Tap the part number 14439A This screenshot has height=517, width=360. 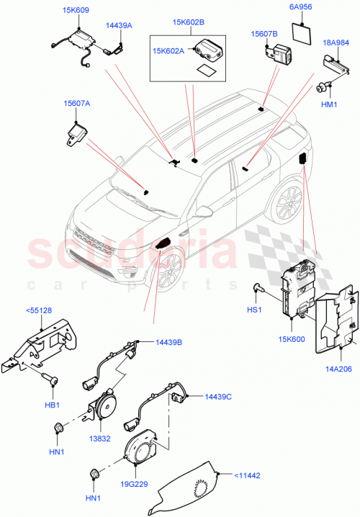120,24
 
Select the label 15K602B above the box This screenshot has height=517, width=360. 187,22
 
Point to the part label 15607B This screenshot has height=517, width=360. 264,33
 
